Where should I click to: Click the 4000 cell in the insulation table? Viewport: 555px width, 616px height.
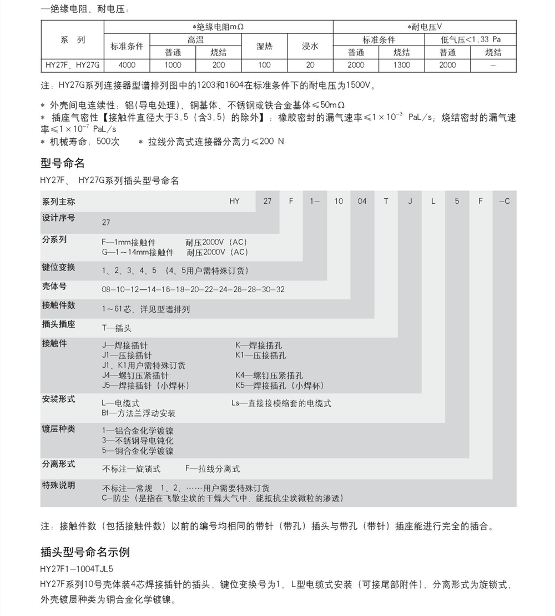[x=127, y=65]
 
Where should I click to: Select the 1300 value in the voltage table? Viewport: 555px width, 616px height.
[x=402, y=65]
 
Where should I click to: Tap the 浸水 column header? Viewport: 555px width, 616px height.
[x=310, y=46]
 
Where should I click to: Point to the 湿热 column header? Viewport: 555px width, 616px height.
[x=264, y=46]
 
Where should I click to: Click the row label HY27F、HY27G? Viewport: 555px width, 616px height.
[x=73, y=65]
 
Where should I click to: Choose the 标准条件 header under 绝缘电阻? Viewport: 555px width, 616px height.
[x=127, y=46]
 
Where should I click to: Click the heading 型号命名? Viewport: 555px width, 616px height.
[x=63, y=163]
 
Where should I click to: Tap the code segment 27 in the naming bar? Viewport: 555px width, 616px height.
[x=268, y=201]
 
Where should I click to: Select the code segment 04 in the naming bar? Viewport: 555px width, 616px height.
[x=362, y=201]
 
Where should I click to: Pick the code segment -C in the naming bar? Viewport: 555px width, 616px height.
[x=504, y=201]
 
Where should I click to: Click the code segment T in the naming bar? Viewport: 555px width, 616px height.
[x=386, y=201]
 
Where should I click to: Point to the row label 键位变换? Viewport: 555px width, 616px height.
[x=58, y=268]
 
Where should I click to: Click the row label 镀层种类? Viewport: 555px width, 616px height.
[x=58, y=429]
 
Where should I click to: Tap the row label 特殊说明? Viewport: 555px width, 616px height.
[x=58, y=485]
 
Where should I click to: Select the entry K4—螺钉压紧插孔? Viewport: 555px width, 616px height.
[x=269, y=375]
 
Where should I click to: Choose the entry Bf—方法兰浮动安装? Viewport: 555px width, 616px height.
[x=139, y=413]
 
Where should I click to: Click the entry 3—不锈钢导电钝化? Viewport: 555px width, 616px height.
[x=138, y=440]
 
